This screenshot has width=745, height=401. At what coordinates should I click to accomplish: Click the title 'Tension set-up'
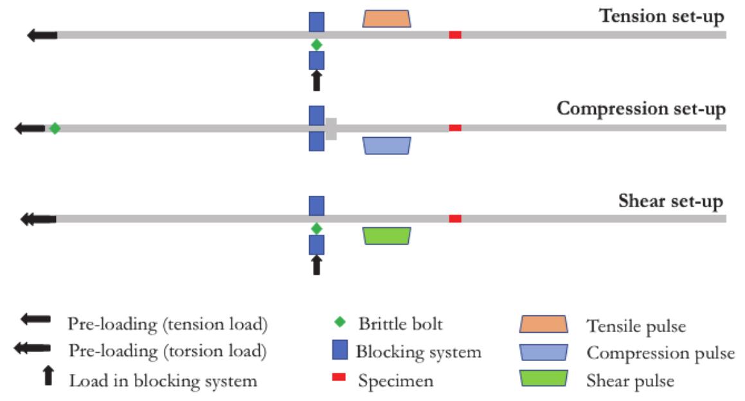[661, 15]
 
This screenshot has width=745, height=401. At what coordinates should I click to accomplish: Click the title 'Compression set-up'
[641, 108]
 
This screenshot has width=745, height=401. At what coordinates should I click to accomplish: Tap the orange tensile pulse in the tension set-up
[387, 19]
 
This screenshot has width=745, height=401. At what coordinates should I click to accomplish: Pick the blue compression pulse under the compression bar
[387, 145]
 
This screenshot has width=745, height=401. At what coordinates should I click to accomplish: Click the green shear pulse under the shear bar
[387, 236]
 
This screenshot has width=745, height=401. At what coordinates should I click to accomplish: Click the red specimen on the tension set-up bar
[455, 35]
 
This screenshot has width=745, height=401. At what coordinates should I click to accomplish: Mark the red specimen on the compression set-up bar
[455, 128]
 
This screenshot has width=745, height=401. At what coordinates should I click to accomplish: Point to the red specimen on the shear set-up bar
[455, 219]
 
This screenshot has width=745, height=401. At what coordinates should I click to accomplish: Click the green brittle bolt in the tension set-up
[316, 45]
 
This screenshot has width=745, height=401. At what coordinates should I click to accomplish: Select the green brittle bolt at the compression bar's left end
[55, 128]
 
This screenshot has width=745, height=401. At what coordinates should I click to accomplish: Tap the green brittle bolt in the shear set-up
[316, 228]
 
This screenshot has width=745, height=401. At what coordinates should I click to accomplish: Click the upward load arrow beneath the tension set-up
[316, 81]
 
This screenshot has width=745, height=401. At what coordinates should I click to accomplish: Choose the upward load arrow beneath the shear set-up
[316, 265]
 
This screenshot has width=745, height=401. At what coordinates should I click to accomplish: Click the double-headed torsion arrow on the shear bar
[38, 219]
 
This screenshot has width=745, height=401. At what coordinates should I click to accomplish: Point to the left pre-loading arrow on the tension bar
[42, 35]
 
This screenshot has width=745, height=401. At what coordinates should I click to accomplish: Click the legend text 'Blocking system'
[418, 352]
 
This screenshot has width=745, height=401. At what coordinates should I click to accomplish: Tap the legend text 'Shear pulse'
[630, 380]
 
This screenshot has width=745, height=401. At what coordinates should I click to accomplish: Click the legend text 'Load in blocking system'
[163, 380]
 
